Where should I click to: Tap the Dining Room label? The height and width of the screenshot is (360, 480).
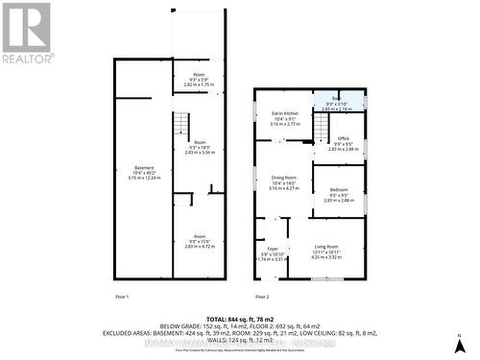coord(282,178)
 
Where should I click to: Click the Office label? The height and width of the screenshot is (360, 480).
coord(344,139)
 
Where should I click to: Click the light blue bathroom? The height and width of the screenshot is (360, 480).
coord(341,101)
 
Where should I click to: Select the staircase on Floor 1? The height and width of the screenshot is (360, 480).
coord(180,122)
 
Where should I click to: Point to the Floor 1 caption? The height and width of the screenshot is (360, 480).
coord(122,296)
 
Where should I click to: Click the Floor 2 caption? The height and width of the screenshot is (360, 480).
coord(262,296)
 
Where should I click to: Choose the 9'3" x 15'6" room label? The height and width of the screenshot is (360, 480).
coord(198,241)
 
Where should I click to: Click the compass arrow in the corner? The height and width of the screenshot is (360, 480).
coord(463,344)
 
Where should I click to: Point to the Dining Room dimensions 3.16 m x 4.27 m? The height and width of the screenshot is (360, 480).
coord(282,188)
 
